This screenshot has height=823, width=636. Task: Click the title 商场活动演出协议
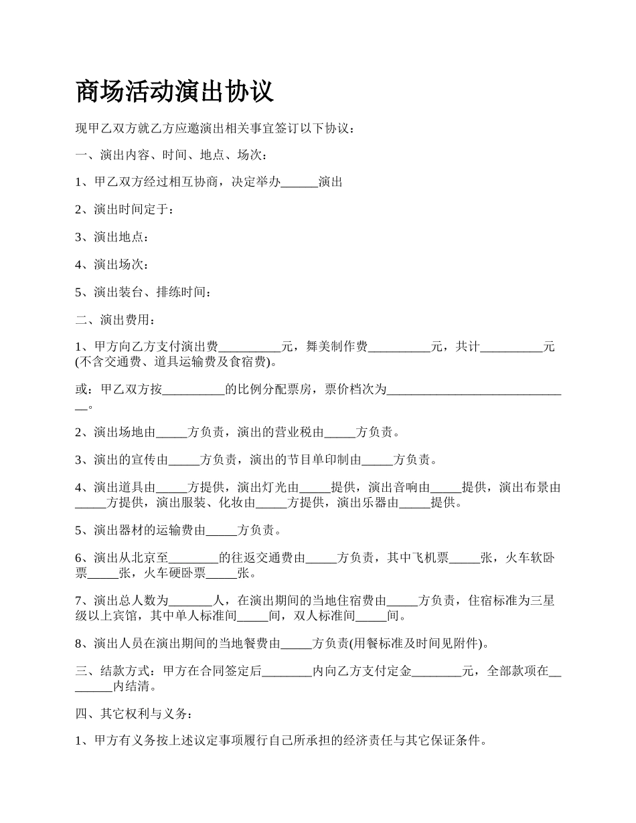[175, 92]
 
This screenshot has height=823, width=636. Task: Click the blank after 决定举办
[299, 182]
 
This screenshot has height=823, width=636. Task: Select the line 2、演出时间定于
[125, 209]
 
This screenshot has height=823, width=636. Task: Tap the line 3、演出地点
[112, 237]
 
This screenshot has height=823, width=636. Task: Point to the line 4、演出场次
[112, 264]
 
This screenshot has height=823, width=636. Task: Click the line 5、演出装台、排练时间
[144, 292]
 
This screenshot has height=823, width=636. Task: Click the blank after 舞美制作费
[399, 347]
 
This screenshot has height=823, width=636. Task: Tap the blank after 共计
[511, 347]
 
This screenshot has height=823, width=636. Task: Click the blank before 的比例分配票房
[193, 389]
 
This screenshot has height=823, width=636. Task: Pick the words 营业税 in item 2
[299, 432]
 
